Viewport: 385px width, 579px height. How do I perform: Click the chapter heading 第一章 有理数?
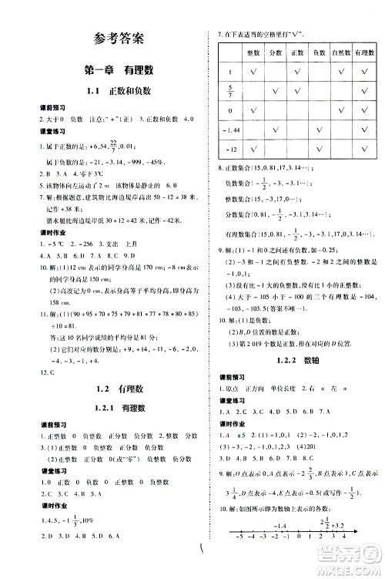117,70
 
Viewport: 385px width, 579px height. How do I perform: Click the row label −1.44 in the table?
229,131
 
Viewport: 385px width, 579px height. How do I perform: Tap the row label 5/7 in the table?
229,92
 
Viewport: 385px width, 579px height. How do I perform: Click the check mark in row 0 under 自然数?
340,112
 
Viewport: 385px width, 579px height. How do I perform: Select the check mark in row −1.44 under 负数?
319,131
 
